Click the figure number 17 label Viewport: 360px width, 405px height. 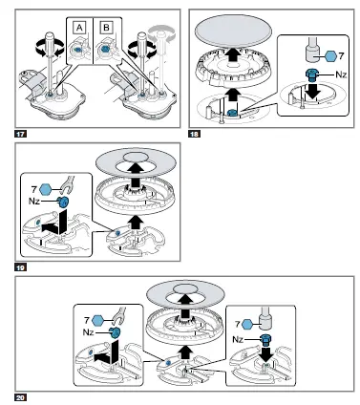20,134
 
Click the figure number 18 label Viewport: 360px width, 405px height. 195,134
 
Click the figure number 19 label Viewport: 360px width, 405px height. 20,267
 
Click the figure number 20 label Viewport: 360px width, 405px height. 20,397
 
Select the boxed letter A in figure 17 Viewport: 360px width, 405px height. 79,28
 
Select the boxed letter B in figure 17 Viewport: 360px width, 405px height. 106,28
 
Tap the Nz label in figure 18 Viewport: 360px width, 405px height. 341,75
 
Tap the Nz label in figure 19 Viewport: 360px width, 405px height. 35,201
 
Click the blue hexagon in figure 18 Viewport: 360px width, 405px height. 330,56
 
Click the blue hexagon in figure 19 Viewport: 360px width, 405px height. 45,190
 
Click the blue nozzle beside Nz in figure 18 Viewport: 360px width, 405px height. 311,75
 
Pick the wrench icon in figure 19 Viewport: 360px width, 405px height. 68,185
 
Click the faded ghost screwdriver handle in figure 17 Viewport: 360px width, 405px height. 162,33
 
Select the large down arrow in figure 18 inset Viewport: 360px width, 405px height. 314,90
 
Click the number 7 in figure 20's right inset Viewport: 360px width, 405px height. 238,324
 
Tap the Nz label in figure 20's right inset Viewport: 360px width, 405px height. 238,339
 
